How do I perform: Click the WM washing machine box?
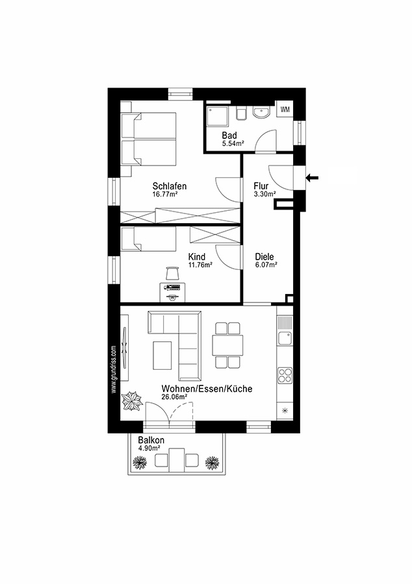click(x=285, y=110)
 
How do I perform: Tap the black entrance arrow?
click(x=313, y=176)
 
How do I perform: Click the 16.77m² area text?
click(x=165, y=193)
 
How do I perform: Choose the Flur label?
click(x=261, y=186)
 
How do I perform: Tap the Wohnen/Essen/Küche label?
click(x=207, y=388)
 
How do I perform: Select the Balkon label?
click(x=151, y=440)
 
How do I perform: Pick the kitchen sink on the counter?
click(x=285, y=338)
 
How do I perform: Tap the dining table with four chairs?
click(x=227, y=345)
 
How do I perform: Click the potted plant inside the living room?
click(x=133, y=401)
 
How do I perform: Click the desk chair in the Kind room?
click(x=172, y=273)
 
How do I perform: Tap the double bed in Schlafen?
click(x=149, y=138)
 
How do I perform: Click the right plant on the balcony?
click(x=211, y=462)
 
